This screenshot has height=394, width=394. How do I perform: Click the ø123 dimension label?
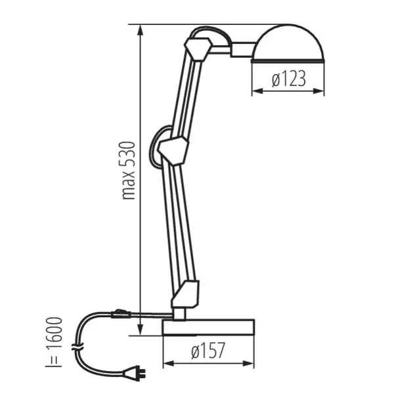[288, 80]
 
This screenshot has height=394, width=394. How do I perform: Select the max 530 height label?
[129, 169]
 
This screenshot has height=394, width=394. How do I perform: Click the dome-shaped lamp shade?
[289, 45]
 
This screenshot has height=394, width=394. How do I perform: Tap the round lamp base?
[208, 326]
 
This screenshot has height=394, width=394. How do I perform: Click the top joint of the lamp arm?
[198, 49]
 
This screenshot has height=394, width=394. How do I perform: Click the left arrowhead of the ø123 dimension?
[255, 91]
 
